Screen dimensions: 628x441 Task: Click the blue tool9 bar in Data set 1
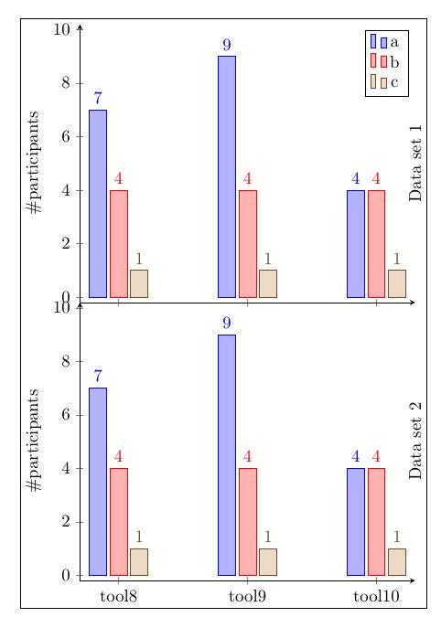coord(226,176)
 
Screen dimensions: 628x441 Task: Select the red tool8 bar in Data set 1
coord(118,243)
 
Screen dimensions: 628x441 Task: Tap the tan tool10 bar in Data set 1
coord(397,283)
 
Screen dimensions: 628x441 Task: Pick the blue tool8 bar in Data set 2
coord(97,481)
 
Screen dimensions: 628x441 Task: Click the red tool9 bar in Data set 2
coord(247,521)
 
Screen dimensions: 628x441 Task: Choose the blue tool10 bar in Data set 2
coord(355,521)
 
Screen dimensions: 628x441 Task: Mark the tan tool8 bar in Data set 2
coord(139,561)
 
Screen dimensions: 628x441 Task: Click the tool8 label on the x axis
coord(118,597)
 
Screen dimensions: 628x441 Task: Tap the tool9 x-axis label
coord(247,597)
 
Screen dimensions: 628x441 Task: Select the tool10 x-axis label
coord(376,597)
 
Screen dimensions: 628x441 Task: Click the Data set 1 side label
coord(416,163)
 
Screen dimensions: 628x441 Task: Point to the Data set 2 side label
coord(416,441)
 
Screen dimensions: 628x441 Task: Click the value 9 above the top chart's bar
coord(226,45)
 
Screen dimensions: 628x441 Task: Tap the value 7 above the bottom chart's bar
coord(97,377)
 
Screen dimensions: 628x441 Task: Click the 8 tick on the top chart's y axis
coord(65,83)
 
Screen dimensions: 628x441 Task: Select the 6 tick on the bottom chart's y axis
coord(65,415)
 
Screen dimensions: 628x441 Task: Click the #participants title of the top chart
coord(35,163)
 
